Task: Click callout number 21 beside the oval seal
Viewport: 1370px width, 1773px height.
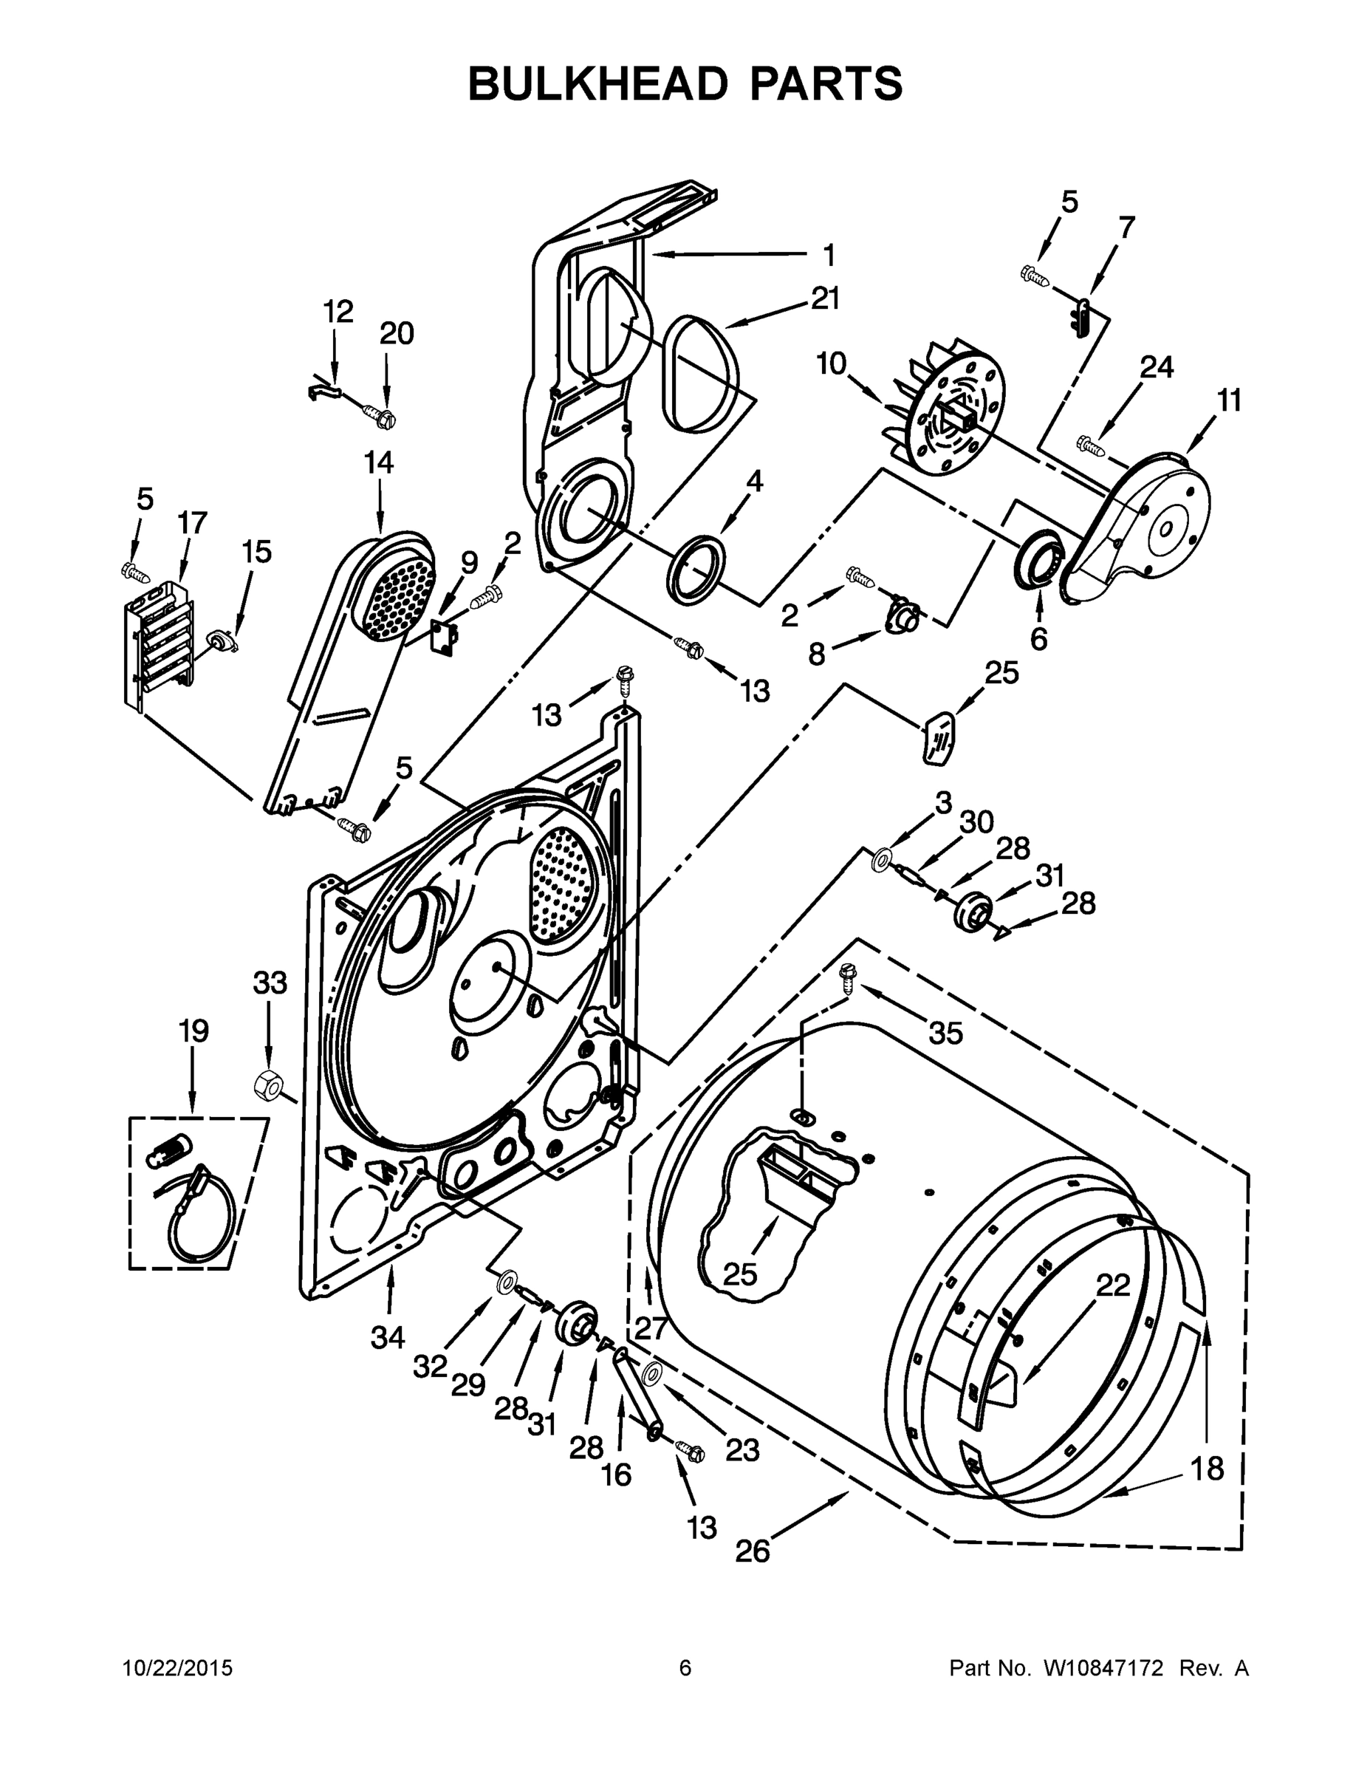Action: (825, 299)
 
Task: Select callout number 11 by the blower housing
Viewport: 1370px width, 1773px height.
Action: (1230, 400)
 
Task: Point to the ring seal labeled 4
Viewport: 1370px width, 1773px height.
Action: (696, 569)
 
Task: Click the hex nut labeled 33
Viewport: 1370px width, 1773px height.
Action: (267, 1084)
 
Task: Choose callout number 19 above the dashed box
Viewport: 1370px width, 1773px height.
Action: (193, 1032)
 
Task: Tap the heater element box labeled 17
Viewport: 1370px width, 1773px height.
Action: (159, 641)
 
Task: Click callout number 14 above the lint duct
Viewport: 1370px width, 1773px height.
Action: (378, 462)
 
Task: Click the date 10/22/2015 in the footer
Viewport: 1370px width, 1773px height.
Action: (178, 1668)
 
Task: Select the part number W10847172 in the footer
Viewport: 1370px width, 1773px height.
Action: (1103, 1668)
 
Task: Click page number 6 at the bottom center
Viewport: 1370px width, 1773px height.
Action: (685, 1668)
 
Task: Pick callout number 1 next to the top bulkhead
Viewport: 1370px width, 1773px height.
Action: (828, 256)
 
